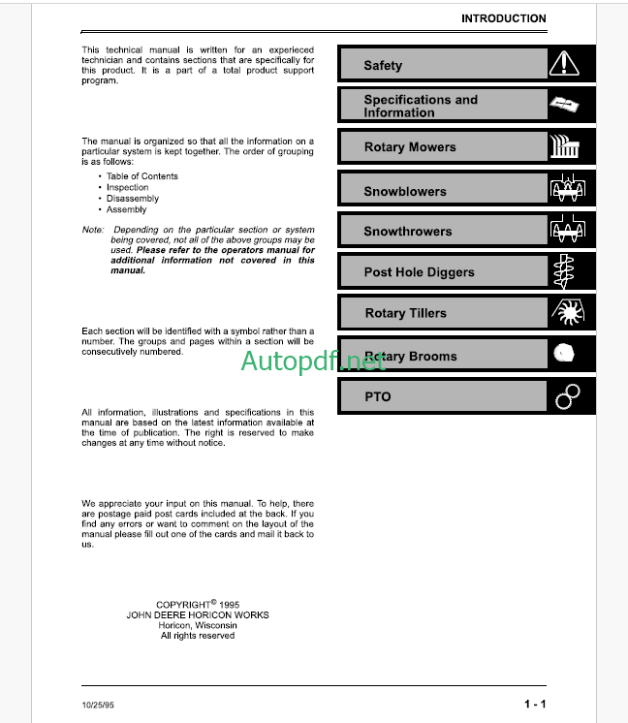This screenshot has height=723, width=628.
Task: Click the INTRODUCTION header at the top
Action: pos(503,18)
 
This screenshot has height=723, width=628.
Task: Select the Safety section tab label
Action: pos(383,66)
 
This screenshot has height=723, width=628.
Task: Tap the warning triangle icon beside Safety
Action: pos(563,65)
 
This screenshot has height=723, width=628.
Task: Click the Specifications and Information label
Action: pos(421,106)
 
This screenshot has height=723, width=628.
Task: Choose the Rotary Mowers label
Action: pos(409,147)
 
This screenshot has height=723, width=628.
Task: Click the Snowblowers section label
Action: pos(405,191)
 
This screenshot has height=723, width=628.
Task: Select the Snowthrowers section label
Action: pos(407,232)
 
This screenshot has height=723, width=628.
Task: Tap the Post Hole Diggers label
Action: pos(419,272)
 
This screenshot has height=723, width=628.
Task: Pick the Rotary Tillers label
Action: pos(405,313)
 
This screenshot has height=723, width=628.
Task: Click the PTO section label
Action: pos(377,396)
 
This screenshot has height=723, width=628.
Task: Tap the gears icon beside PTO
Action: pos(567,396)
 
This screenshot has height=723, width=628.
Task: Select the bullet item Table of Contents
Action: pos(142,176)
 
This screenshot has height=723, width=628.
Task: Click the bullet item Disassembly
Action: pos(133,199)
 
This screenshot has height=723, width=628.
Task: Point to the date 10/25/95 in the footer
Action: pos(99,704)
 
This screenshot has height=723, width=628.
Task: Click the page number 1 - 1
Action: pos(535,704)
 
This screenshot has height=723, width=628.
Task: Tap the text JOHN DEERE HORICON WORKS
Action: pos(198,614)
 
